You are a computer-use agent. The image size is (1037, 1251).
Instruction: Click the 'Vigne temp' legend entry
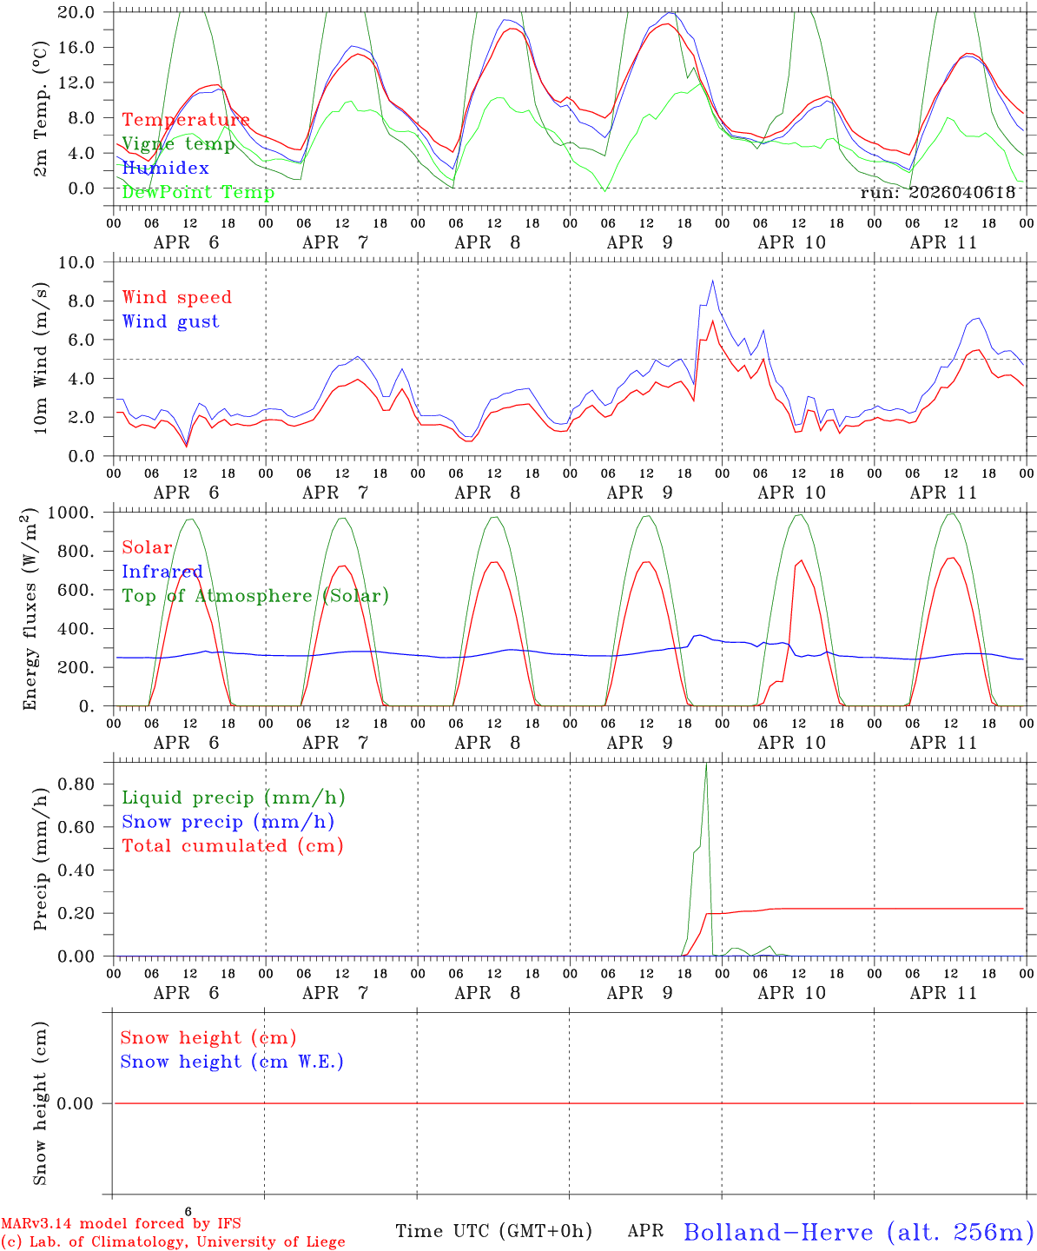pos(178,144)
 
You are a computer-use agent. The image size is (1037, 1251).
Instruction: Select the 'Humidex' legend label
pos(165,168)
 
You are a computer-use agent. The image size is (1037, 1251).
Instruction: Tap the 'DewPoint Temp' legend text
pos(198,192)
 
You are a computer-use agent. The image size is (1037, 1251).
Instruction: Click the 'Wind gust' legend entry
pos(171,321)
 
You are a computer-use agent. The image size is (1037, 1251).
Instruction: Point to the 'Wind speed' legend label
pos(176,297)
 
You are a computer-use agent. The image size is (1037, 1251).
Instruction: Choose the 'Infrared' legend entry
pos(162,571)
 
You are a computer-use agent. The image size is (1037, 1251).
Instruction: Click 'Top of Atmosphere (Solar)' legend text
pos(256,596)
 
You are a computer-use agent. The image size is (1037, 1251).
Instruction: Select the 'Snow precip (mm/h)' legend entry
pos(228,822)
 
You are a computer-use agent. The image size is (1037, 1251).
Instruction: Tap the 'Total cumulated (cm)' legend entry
pos(233,845)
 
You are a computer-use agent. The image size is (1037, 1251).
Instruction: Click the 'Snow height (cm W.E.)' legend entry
pos(232,1061)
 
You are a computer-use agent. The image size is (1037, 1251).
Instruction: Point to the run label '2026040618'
pos(961,192)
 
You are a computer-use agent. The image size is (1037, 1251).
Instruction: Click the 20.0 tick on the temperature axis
pos(76,12)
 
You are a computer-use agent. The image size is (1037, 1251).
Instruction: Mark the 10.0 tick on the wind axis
pos(76,261)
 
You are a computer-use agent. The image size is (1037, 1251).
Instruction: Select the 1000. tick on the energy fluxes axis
pos(71,513)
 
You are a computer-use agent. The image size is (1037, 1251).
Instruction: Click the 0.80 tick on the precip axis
pos(76,784)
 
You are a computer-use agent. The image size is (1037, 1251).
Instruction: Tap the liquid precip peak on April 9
pos(706,764)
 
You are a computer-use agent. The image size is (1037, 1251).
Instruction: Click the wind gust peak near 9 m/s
pos(713,281)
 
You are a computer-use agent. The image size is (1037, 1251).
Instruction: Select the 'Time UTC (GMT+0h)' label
pos(493,1231)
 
